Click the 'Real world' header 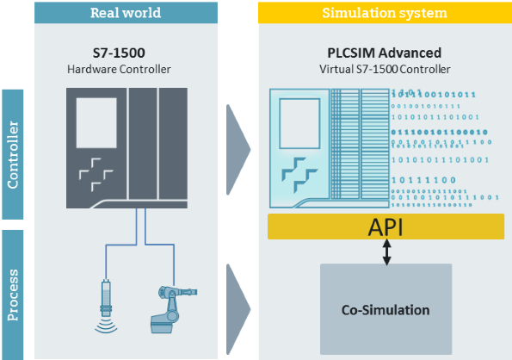click(x=126, y=12)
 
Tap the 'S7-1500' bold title click(x=126, y=53)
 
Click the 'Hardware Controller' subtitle click(x=126, y=69)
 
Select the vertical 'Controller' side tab click(x=13, y=153)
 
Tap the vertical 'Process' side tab click(x=13, y=293)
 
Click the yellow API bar click(x=386, y=227)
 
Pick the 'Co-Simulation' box click(x=386, y=308)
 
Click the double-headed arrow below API click(x=386, y=251)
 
